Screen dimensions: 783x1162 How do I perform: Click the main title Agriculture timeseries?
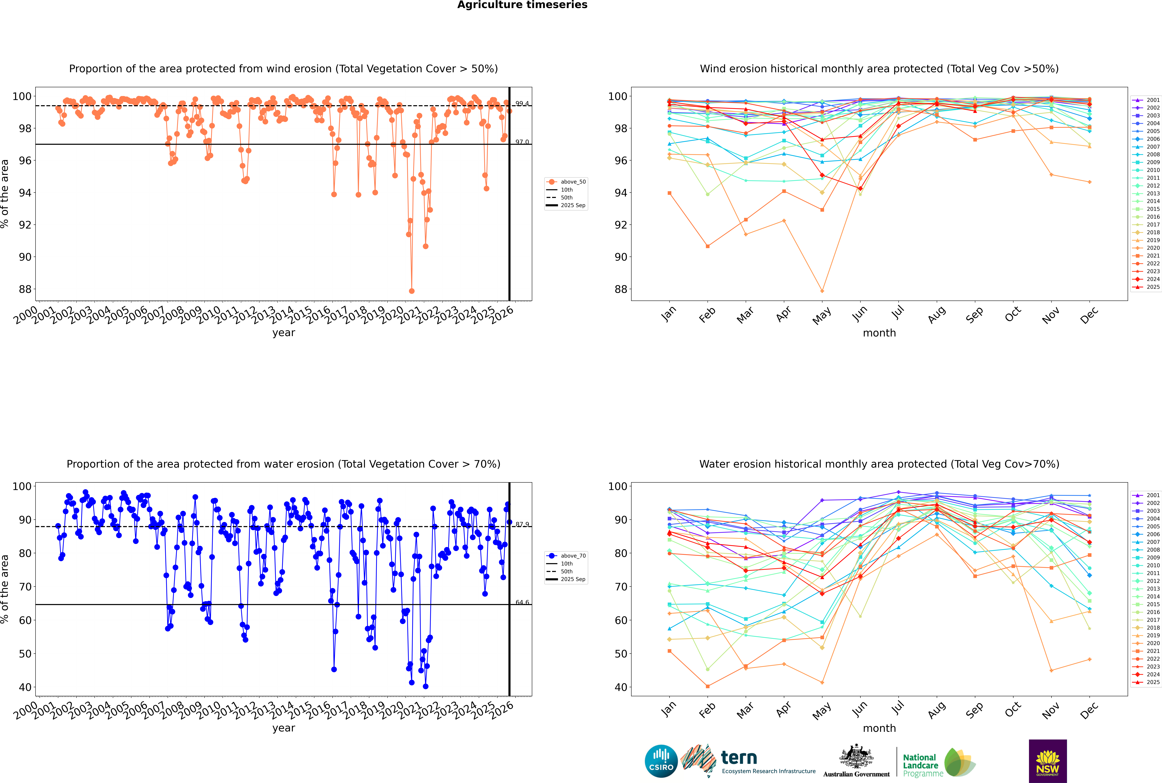522,5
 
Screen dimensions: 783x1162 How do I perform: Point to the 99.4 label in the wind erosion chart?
522,103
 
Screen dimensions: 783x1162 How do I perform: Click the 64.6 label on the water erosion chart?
522,602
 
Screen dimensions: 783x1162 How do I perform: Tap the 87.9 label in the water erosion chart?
522,524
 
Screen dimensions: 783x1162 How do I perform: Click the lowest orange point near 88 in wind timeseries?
412,291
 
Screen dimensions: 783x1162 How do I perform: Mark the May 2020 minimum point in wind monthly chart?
822,291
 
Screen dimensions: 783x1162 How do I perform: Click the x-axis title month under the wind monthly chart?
879,333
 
